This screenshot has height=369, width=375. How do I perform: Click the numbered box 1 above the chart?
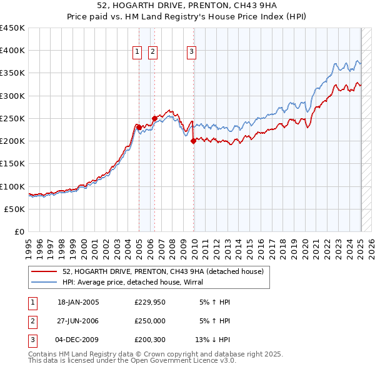point(136,53)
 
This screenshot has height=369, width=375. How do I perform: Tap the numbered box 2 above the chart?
point(152,53)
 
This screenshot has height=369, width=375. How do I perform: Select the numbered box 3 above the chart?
point(191,53)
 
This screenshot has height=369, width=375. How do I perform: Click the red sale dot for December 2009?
point(193,141)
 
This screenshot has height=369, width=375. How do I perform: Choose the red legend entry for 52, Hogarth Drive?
point(163,271)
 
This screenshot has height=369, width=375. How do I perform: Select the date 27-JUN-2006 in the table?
point(78,320)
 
